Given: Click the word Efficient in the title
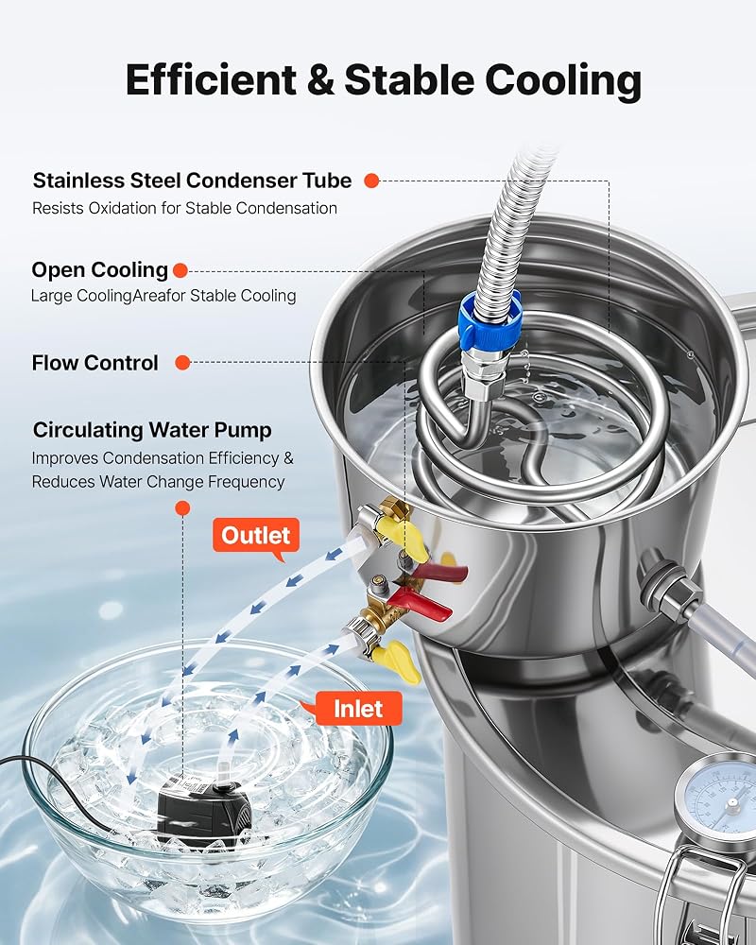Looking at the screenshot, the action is pos(211,80).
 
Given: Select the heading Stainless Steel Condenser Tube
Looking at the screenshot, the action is pos(192,180).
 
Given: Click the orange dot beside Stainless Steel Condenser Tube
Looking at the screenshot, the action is pos(372,180).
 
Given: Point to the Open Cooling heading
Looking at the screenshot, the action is pos(99,270).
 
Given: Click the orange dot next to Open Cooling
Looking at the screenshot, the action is pos(180,270).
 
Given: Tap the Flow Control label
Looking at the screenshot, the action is pos(95,363).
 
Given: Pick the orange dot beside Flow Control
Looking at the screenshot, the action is pos(182,363).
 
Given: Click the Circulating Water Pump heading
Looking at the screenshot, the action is pos(152,430).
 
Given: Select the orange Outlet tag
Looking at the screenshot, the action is pos(255,535).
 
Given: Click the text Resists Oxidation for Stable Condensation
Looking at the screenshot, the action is pos(184,209).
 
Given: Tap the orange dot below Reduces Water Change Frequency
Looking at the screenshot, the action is pos(182,508).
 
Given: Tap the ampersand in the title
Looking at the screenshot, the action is pos(320,80).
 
